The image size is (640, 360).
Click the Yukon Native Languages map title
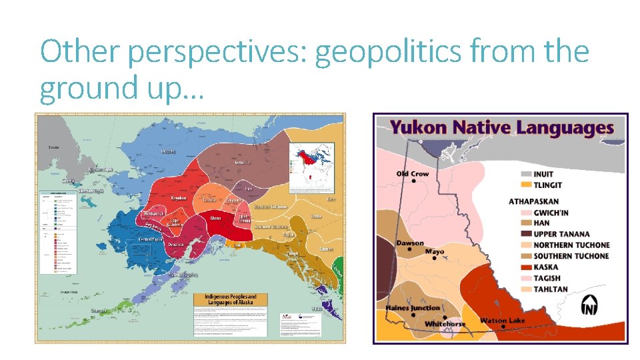point(501,128)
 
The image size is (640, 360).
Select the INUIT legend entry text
point(543,174)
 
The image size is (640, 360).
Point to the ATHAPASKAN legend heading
point(534,201)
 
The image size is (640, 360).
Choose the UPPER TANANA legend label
point(561,234)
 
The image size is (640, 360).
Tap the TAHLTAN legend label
point(551,289)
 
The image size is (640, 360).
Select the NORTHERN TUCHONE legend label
point(571,245)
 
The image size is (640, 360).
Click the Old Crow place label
point(413,174)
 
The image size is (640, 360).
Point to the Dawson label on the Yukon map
point(409,243)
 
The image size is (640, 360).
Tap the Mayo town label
point(435,253)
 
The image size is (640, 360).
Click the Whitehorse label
point(445,324)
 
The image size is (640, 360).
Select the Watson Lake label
point(503,321)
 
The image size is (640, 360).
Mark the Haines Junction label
point(413,308)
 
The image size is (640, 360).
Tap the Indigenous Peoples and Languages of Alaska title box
point(230,299)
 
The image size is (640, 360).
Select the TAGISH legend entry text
point(547,278)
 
